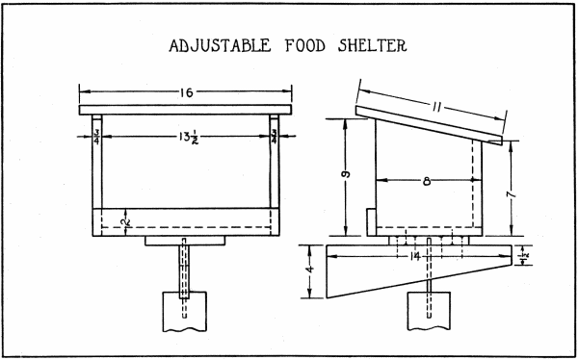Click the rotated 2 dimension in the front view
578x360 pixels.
click(x=126, y=221)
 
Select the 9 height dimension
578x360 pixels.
click(x=345, y=176)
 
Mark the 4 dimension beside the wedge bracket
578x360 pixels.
click(x=309, y=260)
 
